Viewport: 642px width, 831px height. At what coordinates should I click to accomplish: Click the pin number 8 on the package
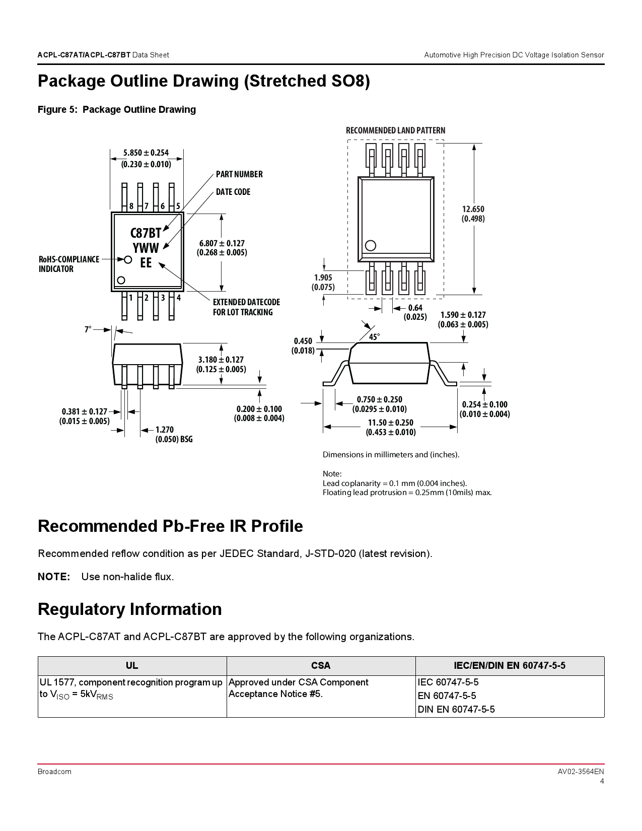(x=131, y=206)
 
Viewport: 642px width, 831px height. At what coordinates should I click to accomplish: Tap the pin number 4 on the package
(x=178, y=298)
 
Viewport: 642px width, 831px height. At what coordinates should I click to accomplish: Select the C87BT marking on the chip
(x=146, y=233)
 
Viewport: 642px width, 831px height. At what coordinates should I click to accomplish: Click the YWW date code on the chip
(x=146, y=248)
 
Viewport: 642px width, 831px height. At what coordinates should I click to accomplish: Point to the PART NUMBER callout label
(x=239, y=174)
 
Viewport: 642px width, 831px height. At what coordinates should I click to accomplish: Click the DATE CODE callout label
(x=233, y=192)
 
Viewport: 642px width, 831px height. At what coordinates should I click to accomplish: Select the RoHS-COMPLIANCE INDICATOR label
(x=69, y=264)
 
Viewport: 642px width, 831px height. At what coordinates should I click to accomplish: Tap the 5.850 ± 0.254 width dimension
(x=146, y=153)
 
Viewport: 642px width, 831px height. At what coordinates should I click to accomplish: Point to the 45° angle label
(x=374, y=337)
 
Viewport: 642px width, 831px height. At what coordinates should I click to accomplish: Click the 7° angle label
(x=88, y=329)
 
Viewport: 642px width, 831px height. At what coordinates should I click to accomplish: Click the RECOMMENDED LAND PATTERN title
(x=395, y=130)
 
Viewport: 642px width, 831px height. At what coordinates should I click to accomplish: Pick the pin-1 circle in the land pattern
(x=371, y=246)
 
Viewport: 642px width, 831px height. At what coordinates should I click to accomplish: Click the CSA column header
(x=321, y=666)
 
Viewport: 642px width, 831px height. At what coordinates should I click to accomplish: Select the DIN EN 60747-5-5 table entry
(x=456, y=709)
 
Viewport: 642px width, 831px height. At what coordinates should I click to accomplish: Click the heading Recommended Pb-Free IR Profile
(x=170, y=526)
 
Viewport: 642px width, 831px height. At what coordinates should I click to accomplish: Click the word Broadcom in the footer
(x=54, y=772)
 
